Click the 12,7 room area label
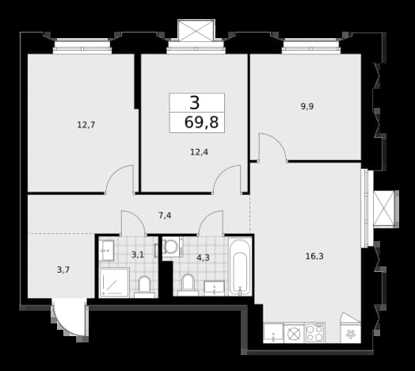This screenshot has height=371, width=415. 86,124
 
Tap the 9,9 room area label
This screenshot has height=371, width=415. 307,106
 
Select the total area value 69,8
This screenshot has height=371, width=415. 201,122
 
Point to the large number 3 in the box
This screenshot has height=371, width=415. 195,103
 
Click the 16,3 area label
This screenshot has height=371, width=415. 314,256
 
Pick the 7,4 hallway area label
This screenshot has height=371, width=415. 165,216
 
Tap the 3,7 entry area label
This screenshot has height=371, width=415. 63,270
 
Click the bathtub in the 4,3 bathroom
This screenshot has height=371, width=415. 240,266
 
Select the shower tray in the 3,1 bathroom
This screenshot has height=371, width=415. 114,282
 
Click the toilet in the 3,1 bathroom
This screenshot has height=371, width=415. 144,287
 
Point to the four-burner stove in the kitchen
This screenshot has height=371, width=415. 315,333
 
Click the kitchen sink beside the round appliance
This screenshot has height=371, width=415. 273,333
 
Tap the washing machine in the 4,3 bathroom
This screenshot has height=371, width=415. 172,247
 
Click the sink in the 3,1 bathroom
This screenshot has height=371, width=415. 107,251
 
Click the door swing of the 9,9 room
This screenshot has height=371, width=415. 272,147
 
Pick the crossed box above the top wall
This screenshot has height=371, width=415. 196,30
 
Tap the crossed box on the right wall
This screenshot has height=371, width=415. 384,208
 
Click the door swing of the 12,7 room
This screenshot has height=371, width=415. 120,179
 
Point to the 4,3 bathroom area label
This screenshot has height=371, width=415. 204,258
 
